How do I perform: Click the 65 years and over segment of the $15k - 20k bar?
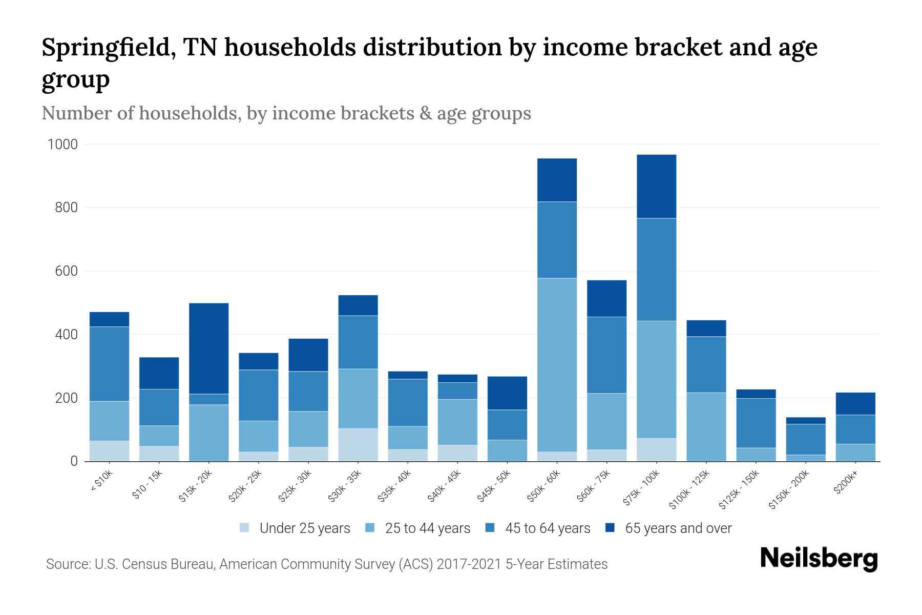(208, 348)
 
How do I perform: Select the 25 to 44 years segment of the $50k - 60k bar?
(557, 365)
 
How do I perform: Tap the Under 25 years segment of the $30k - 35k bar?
(358, 444)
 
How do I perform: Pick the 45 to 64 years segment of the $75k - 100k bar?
(656, 270)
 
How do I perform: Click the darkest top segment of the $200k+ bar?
(855, 403)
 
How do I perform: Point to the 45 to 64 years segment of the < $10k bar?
(109, 364)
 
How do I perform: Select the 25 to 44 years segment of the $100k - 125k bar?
(706, 427)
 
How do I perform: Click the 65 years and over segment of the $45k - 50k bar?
(507, 393)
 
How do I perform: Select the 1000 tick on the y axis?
(62, 145)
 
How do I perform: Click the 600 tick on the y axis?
(66, 271)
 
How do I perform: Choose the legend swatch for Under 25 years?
(245, 528)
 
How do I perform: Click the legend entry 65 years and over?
(678, 528)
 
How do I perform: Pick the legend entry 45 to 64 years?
(547, 528)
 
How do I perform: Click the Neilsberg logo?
(819, 559)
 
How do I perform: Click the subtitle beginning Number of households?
(286, 113)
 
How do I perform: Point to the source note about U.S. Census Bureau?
(326, 564)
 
